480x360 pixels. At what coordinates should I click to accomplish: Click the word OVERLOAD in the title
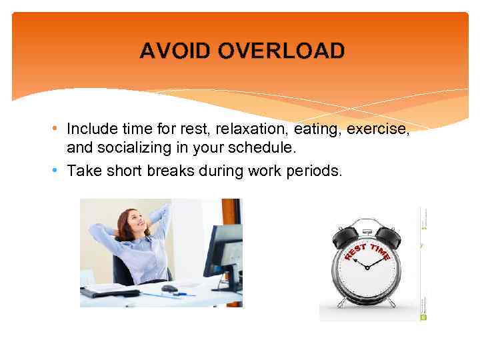(x=281, y=51)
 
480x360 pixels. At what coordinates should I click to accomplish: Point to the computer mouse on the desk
(x=169, y=289)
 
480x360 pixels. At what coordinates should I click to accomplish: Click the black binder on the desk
(x=110, y=292)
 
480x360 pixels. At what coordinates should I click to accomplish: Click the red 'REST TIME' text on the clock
(x=367, y=253)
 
